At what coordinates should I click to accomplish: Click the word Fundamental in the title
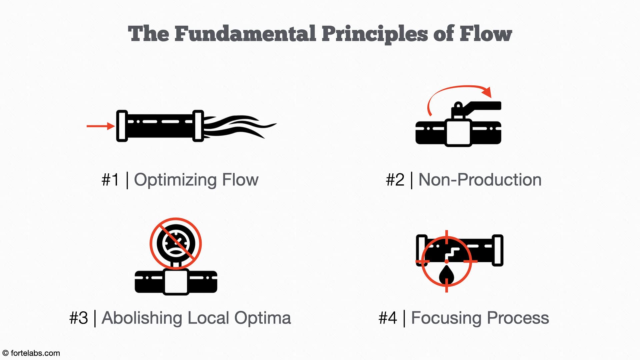[245, 34]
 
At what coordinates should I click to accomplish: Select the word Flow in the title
[486, 34]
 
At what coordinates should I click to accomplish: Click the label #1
[110, 180]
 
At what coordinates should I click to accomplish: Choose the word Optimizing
[175, 180]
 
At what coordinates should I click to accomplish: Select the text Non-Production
[480, 180]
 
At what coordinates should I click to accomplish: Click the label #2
[395, 180]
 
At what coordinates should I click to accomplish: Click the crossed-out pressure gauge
[176, 244]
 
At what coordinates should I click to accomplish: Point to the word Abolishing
[142, 318]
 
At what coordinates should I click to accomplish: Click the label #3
[79, 318]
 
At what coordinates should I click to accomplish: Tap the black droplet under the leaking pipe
[446, 274]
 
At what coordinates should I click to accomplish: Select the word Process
[518, 318]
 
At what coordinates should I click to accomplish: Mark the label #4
[388, 318]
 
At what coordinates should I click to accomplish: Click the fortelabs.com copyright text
[31, 353]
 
